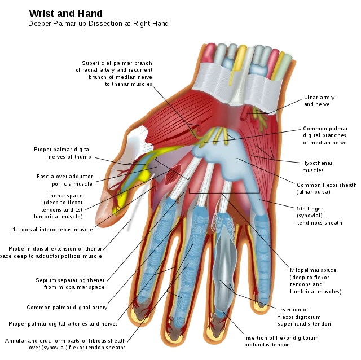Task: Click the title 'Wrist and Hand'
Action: [66, 14]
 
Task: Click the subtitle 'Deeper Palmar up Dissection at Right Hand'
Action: [98, 24]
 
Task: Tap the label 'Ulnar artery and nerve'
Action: [319, 101]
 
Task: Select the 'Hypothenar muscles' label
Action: [317, 166]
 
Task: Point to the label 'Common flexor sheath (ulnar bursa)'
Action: [327, 188]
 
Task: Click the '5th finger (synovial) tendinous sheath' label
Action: [319, 216]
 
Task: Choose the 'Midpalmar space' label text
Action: [313, 270]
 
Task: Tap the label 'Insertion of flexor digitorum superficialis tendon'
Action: [305, 317]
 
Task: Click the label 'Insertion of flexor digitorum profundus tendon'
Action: [281, 341]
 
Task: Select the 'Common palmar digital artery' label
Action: [67, 308]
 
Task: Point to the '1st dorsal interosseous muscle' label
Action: [52, 230]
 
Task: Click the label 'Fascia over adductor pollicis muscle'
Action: [65, 180]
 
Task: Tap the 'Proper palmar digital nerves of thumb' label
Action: [63, 153]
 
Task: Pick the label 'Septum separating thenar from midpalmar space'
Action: [70, 283]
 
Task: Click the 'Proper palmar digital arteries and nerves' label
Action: [63, 324]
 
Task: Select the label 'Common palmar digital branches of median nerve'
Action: [325, 135]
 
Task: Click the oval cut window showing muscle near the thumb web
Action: [173, 174]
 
